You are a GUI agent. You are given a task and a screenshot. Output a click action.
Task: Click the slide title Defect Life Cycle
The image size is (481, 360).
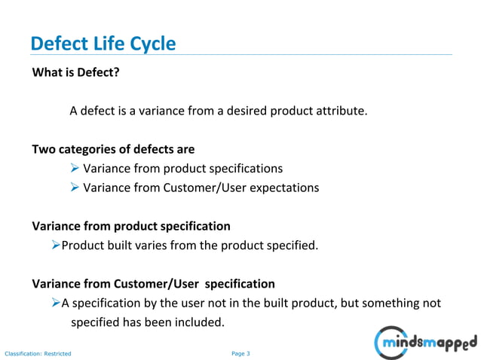(103, 44)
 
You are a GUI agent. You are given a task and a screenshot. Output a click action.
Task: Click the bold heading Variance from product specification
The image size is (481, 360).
(131, 226)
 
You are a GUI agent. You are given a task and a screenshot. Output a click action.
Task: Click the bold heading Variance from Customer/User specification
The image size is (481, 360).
(153, 284)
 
